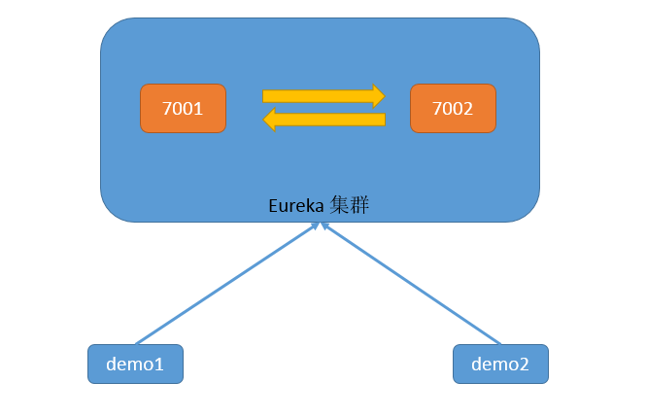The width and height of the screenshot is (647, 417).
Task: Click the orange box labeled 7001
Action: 184,108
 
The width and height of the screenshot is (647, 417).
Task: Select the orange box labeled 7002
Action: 453,108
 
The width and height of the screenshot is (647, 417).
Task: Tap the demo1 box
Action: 135,364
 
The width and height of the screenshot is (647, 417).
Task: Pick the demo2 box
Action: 500,364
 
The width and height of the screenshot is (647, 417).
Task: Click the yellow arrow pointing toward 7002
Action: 323,96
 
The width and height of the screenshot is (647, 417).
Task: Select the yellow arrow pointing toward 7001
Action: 323,120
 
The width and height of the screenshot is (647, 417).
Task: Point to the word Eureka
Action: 296,206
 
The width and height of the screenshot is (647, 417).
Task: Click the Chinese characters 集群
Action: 349,205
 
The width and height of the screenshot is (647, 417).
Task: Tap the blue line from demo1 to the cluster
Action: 227,283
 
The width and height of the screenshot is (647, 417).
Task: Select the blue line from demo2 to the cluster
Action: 411,283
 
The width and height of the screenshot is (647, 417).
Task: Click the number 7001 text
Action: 183,109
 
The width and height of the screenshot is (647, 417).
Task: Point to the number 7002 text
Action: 453,109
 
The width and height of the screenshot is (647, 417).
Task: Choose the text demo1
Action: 135,365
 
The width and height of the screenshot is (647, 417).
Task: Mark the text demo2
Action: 500,365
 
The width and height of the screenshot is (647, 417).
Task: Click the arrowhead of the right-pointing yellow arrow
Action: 379,96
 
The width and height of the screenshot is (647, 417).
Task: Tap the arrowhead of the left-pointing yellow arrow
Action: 269,120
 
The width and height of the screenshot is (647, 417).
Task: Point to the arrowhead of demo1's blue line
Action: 316,226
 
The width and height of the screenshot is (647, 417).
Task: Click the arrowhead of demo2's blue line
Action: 324,226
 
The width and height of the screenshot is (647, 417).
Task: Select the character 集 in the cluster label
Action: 339,205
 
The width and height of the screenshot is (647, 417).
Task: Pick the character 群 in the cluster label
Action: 359,205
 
